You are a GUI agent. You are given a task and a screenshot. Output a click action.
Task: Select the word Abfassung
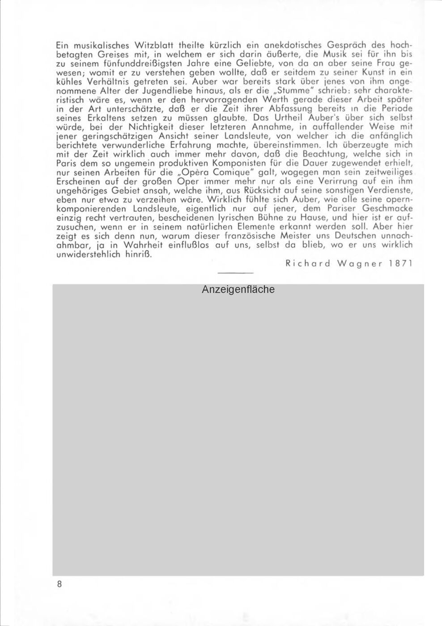[291, 109]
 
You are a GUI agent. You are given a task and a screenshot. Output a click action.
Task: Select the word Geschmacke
[387, 209]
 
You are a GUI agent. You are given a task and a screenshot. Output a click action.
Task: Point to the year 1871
[400, 263]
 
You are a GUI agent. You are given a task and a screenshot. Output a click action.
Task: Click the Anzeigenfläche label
[238, 290]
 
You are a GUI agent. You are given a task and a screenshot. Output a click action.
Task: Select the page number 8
[59, 584]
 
